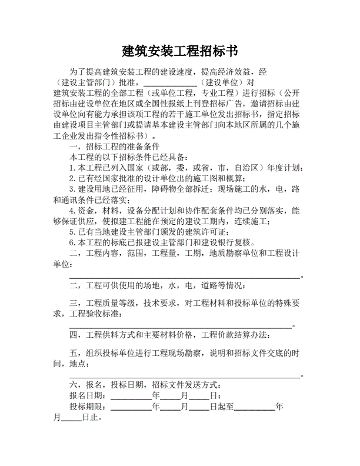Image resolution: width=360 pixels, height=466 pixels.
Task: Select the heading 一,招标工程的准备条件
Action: coord(115,147)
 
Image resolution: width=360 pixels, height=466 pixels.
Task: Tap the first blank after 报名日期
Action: coord(131,396)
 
